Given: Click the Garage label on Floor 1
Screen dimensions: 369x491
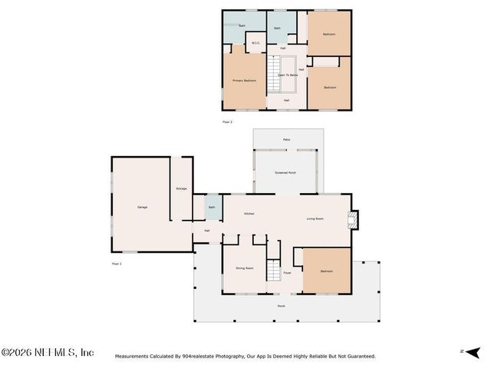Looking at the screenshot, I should pos(142,208).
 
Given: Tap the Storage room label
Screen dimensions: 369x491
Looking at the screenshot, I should pos(181,188).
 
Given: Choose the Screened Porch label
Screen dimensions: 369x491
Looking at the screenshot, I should pos(285,172).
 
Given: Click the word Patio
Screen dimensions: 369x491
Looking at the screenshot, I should pos(286,139).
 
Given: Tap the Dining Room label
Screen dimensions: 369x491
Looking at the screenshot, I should pos(245,268).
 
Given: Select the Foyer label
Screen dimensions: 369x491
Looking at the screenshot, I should pos(287,272).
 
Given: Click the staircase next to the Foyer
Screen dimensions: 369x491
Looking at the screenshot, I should pos(275,271).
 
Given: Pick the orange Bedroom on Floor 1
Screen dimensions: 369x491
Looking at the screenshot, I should pos(327,271).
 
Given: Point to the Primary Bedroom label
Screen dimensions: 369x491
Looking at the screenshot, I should pos(244,80).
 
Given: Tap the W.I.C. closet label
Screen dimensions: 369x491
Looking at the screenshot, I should pos(255,43).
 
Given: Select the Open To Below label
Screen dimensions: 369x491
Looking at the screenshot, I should pos(288,75).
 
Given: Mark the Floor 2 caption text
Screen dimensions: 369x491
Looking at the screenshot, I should pos(227,121).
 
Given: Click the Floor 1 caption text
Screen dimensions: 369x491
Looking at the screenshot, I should pos(117,264).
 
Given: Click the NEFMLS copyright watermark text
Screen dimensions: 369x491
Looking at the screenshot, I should pos(48,352).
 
